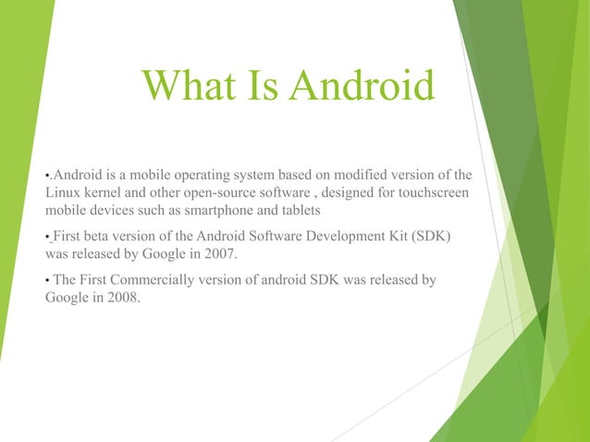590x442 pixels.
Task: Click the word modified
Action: [367, 174]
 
